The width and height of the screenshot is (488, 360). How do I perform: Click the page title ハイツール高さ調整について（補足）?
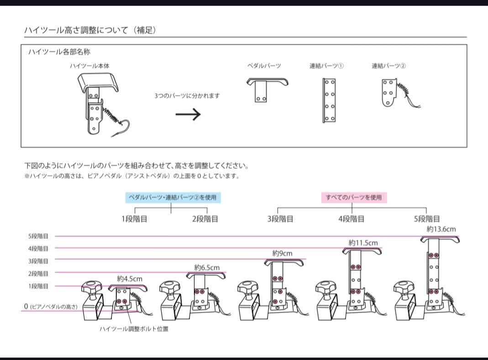click(90, 30)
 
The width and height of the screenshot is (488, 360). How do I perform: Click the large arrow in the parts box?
click(188, 114)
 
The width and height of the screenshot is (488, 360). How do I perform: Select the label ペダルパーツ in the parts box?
click(264, 66)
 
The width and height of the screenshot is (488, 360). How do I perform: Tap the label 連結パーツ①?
click(326, 66)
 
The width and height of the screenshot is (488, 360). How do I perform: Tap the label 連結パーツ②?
click(388, 66)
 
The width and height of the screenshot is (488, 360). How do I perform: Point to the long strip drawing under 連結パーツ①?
click(329, 100)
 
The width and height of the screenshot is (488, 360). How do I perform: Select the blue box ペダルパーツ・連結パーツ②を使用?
click(173, 197)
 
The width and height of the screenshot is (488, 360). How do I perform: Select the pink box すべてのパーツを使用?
click(354, 197)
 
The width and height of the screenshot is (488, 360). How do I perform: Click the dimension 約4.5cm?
click(130, 278)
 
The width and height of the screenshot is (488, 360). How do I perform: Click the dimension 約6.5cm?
click(207, 267)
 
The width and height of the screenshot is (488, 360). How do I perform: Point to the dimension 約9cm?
click(282, 253)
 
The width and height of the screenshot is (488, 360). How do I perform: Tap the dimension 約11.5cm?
click(363, 243)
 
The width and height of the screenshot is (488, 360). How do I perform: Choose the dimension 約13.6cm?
click(441, 230)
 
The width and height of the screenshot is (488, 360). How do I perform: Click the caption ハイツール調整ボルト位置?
click(134, 329)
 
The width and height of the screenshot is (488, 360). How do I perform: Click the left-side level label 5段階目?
click(38, 236)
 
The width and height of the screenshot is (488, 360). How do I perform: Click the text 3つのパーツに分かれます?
click(187, 96)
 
